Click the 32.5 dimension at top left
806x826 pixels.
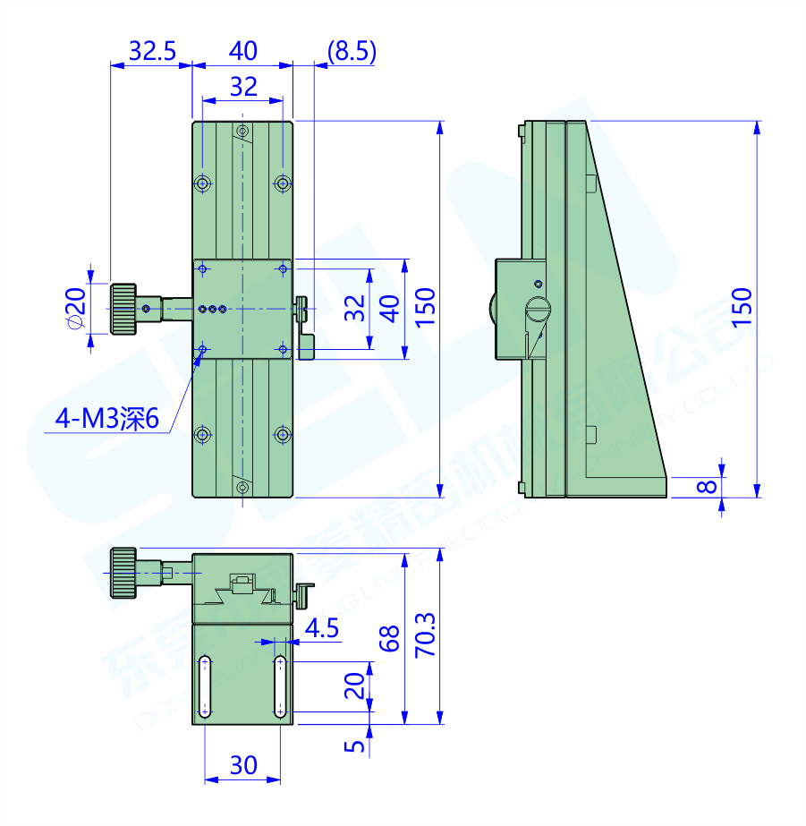coord(151,51)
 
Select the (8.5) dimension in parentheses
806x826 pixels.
coord(352,51)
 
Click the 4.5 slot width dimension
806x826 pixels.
coord(322,628)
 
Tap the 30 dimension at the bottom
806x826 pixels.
coord(243,765)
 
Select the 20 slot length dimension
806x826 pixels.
coord(354,686)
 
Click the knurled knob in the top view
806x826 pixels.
coord(123,309)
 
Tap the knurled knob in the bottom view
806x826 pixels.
coord(123,572)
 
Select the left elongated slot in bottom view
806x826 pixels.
coord(205,687)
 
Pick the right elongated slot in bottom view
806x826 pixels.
coord(281,687)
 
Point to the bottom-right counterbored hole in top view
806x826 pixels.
coord(283,435)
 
